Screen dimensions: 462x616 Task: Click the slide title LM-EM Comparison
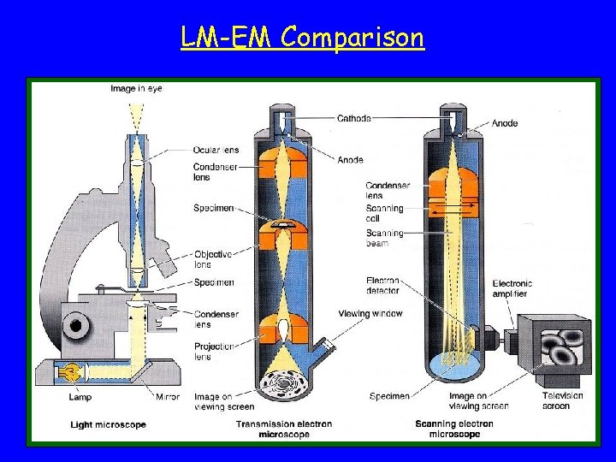click(303, 38)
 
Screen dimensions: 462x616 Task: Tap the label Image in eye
click(136, 88)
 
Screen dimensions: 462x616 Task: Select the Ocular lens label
click(216, 150)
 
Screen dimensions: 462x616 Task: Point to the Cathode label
click(354, 118)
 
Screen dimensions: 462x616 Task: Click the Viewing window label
click(370, 314)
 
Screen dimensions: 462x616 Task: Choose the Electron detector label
click(382, 285)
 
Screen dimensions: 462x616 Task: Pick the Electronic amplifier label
click(512, 288)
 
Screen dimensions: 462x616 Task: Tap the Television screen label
click(562, 400)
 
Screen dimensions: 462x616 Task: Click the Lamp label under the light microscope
click(80, 397)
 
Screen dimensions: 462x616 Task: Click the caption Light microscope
click(108, 424)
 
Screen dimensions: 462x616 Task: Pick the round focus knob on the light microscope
click(77, 324)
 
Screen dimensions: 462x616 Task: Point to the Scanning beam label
click(384, 238)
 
